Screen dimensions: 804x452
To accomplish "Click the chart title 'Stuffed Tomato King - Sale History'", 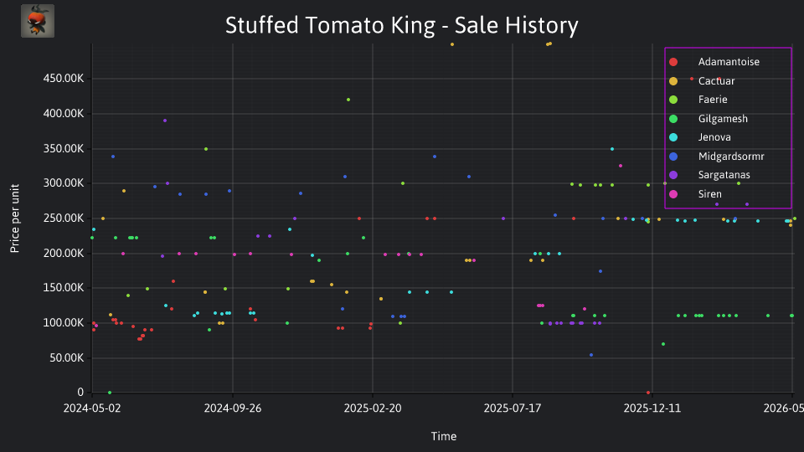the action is click(401, 25).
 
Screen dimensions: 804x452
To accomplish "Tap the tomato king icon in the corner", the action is click(38, 21).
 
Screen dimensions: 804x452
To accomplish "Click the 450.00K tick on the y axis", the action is click(64, 79).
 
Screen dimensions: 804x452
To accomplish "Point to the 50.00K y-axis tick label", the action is click(67, 357).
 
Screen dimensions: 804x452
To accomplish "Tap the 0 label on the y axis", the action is click(80, 393).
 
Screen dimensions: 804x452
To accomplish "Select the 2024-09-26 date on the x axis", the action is click(233, 408).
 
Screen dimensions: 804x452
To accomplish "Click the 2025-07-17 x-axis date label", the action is click(513, 408).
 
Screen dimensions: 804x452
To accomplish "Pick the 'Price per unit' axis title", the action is click(14, 218).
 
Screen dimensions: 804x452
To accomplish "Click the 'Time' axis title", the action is click(444, 436).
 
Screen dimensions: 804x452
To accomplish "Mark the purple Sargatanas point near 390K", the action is click(165, 121).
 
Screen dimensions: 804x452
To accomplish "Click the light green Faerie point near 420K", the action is click(348, 100).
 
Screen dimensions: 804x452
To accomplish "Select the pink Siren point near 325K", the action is click(621, 166).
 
